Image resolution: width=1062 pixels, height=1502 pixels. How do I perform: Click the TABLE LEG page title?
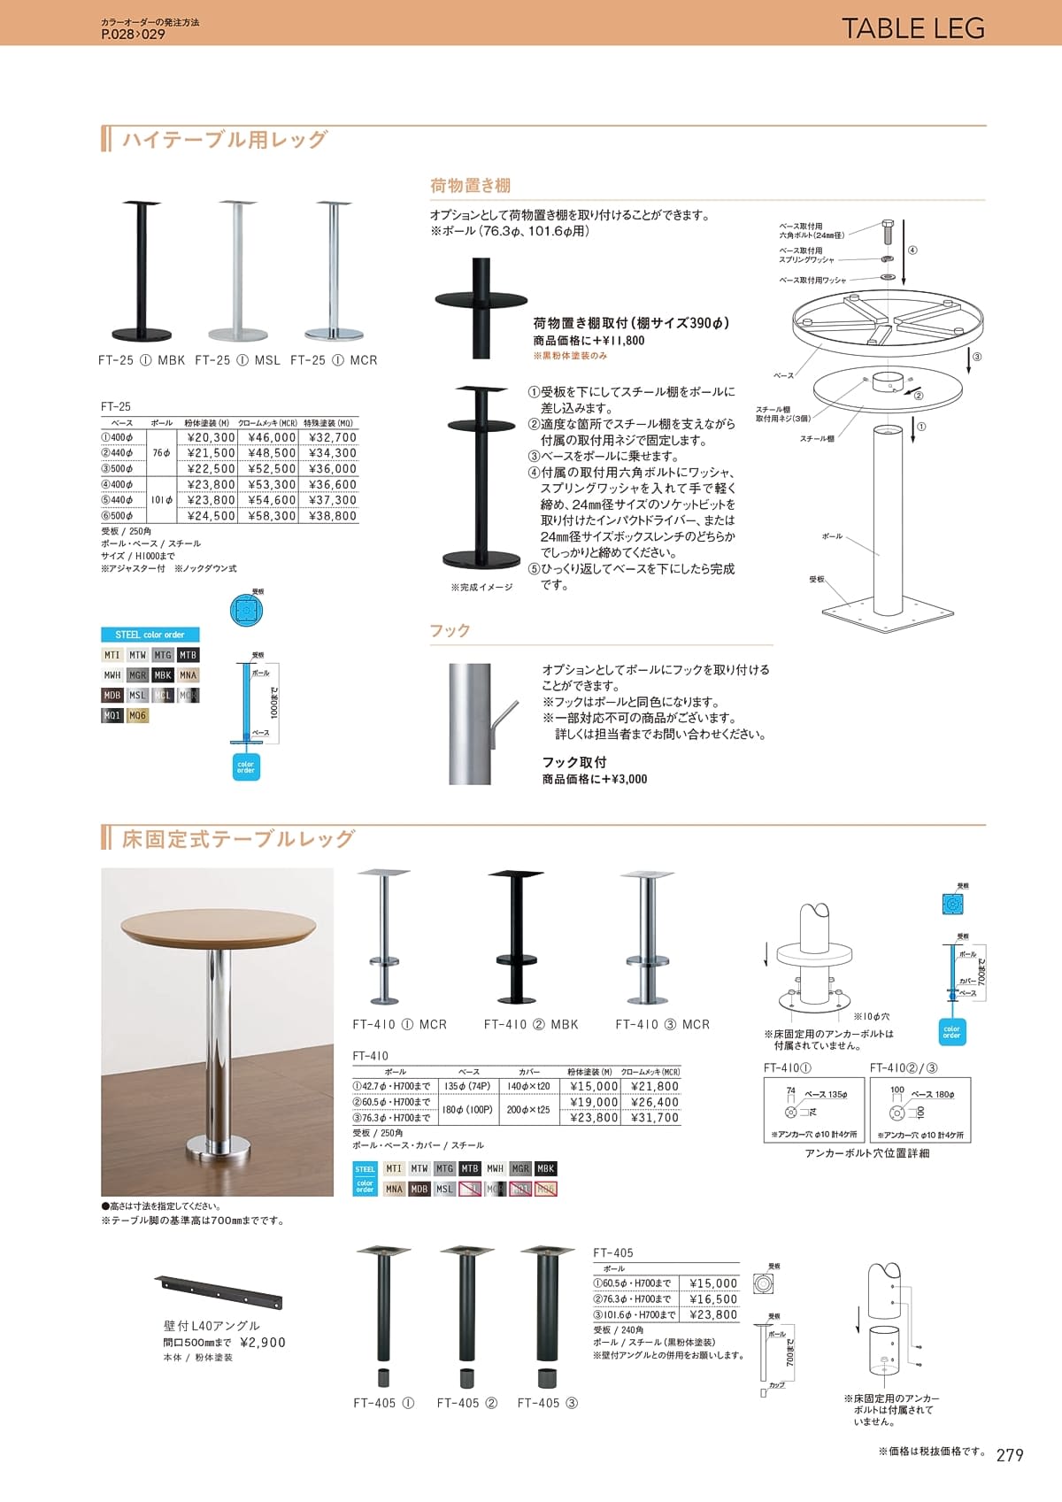coord(912,28)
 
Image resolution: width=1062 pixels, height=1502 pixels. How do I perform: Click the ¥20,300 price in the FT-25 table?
coord(212,437)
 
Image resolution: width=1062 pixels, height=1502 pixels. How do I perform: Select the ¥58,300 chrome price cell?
coord(272,516)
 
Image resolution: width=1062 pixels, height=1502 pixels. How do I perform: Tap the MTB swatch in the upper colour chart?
coord(188,655)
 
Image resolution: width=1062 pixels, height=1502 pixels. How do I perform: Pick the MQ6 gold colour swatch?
coord(137,716)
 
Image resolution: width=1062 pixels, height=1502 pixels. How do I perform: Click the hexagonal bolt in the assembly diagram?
coord(889,232)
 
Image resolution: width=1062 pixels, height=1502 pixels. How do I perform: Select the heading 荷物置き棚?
coord(470,186)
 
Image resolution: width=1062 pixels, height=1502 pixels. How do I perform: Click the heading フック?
coord(450,631)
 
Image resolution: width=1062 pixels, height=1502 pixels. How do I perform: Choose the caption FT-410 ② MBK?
coord(531,1025)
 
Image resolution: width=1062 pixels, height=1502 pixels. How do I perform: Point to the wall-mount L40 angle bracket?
coord(219,1292)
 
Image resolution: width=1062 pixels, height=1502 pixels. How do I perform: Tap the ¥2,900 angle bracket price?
coord(263,1343)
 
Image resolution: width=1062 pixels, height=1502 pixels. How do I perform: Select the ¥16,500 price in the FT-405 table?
coord(712,1299)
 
